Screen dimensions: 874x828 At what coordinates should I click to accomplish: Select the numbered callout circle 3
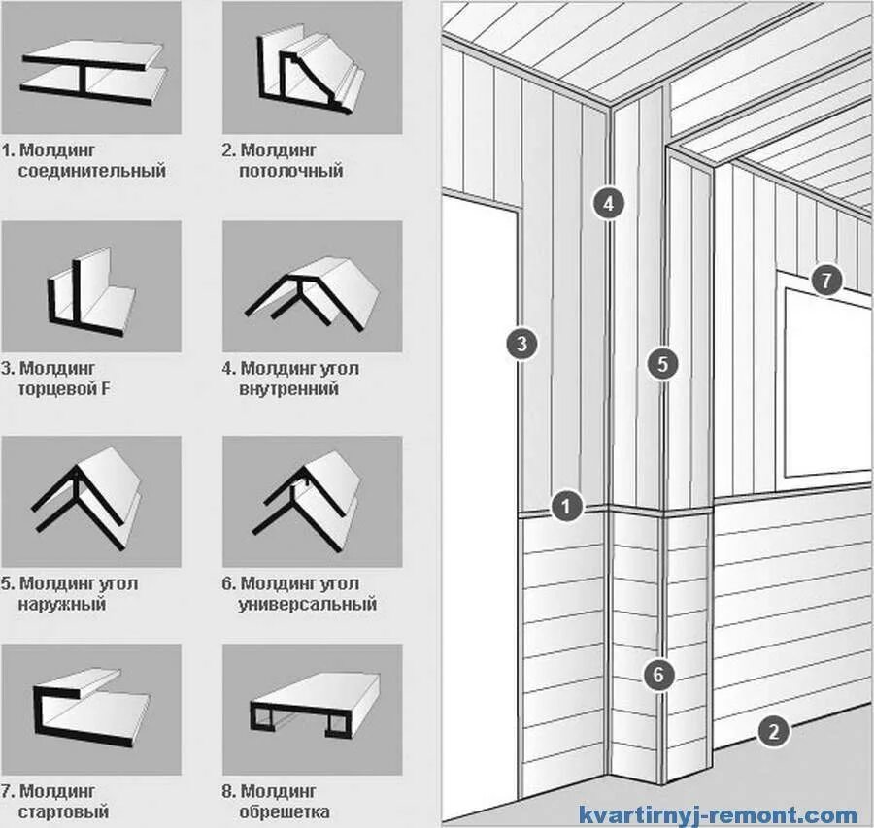(x=522, y=343)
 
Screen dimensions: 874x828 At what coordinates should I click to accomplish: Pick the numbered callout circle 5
(x=662, y=364)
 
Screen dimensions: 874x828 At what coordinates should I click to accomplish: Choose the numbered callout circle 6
(x=659, y=675)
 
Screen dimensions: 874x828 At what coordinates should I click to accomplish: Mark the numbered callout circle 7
(x=826, y=282)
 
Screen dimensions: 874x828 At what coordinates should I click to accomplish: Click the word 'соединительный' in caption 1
(x=91, y=172)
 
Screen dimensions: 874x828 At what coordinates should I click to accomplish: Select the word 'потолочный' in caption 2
(x=290, y=172)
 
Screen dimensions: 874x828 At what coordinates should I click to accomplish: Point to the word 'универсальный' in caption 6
(x=307, y=605)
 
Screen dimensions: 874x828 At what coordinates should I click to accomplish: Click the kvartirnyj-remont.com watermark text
(x=718, y=815)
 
